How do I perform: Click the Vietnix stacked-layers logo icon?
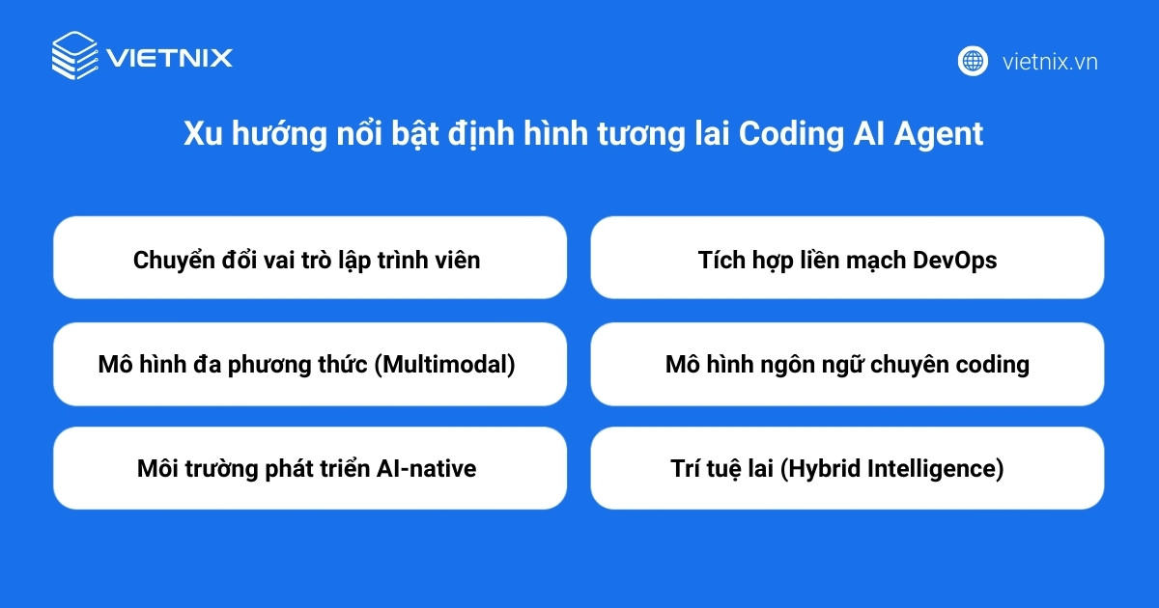(75, 55)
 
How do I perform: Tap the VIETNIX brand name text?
(170, 57)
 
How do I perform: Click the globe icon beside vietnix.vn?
(973, 61)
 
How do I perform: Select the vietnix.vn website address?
(1050, 62)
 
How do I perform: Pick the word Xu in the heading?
(200, 134)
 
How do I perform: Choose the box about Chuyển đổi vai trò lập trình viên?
(309, 258)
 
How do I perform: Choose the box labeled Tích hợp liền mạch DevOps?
(846, 258)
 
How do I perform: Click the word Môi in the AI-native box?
(157, 469)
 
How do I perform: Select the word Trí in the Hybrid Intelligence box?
(688, 469)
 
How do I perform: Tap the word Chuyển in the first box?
(169, 260)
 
